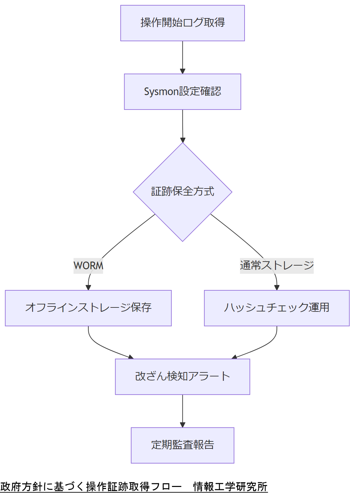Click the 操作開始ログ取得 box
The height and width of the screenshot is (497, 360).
click(x=182, y=23)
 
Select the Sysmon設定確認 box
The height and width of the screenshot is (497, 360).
click(x=182, y=91)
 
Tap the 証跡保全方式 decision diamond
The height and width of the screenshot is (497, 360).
click(x=182, y=192)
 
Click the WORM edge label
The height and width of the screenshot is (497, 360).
click(x=88, y=266)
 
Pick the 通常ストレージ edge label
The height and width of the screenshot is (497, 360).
click(x=277, y=266)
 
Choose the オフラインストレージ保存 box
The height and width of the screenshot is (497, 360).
click(x=88, y=308)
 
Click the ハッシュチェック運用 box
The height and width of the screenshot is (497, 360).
click(x=277, y=308)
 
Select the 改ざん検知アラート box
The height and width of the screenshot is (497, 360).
click(x=182, y=376)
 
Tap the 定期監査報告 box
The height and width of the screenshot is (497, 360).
click(x=182, y=445)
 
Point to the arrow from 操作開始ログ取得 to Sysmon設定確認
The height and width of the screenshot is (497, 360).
click(x=182, y=57)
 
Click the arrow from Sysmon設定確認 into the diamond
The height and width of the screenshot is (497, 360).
click(x=182, y=126)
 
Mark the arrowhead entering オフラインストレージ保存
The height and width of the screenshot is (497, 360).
click(x=88, y=287)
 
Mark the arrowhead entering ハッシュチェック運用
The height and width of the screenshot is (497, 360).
click(x=277, y=287)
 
